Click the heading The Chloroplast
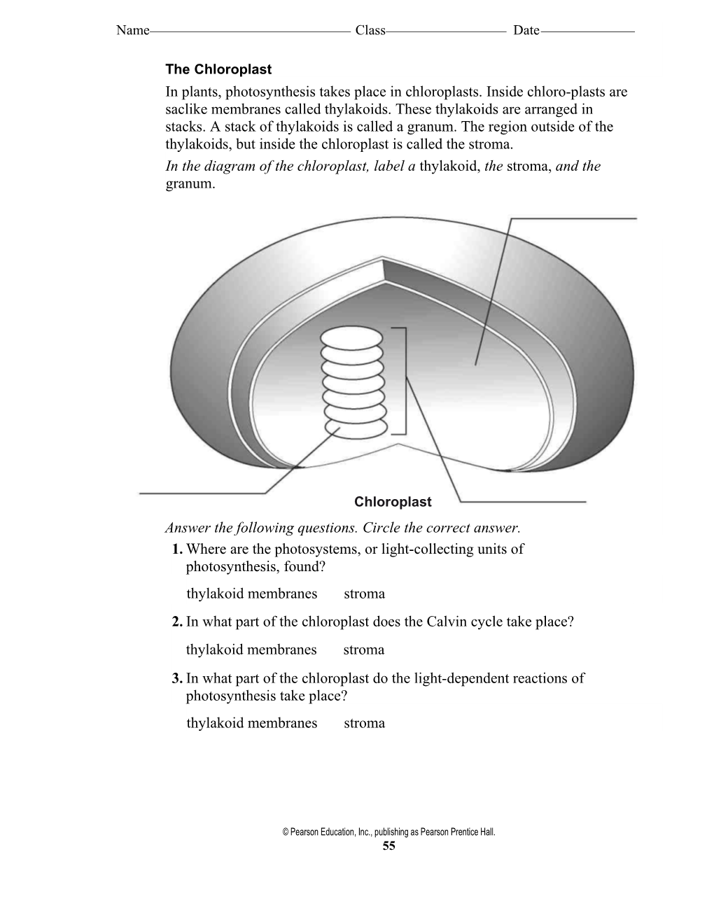click(x=218, y=69)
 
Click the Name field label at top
click(x=132, y=30)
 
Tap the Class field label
click(x=370, y=30)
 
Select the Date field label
click(x=526, y=30)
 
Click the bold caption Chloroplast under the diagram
click(x=393, y=502)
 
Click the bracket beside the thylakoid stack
click(x=404, y=381)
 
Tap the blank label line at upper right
click(x=574, y=219)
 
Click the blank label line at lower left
click(x=203, y=494)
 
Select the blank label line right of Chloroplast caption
click(x=522, y=502)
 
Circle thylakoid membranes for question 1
click(x=251, y=594)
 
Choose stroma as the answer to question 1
click(x=364, y=594)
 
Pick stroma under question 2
click(x=363, y=650)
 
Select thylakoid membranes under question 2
click(x=251, y=650)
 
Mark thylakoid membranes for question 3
click(x=251, y=723)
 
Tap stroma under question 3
click(x=364, y=723)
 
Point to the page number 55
click(x=388, y=846)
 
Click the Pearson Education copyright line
click(x=388, y=832)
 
